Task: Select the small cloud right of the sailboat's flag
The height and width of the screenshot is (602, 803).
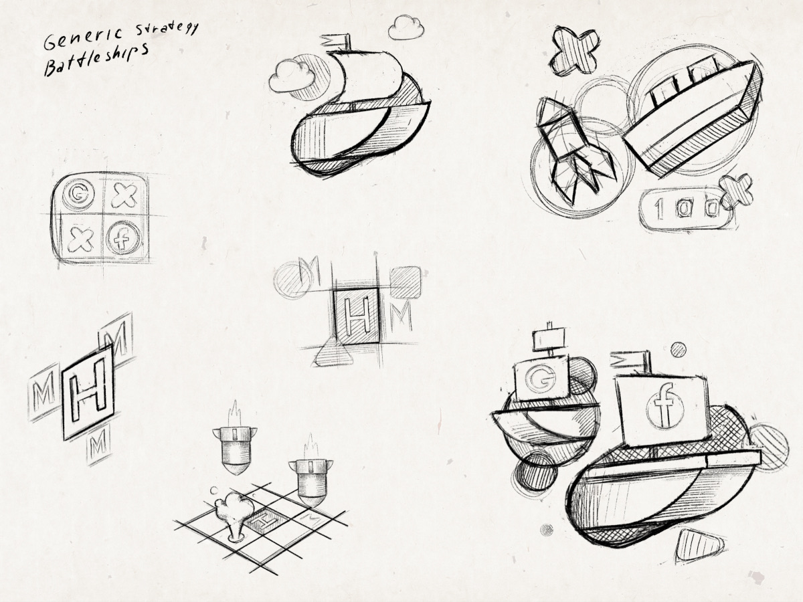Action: pos(407,28)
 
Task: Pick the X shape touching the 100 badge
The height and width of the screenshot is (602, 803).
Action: pos(736,190)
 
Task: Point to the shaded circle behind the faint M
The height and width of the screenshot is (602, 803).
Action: pos(290,278)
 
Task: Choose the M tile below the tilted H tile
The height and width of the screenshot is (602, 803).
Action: pos(98,443)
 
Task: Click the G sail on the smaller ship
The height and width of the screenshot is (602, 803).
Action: pos(542,379)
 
